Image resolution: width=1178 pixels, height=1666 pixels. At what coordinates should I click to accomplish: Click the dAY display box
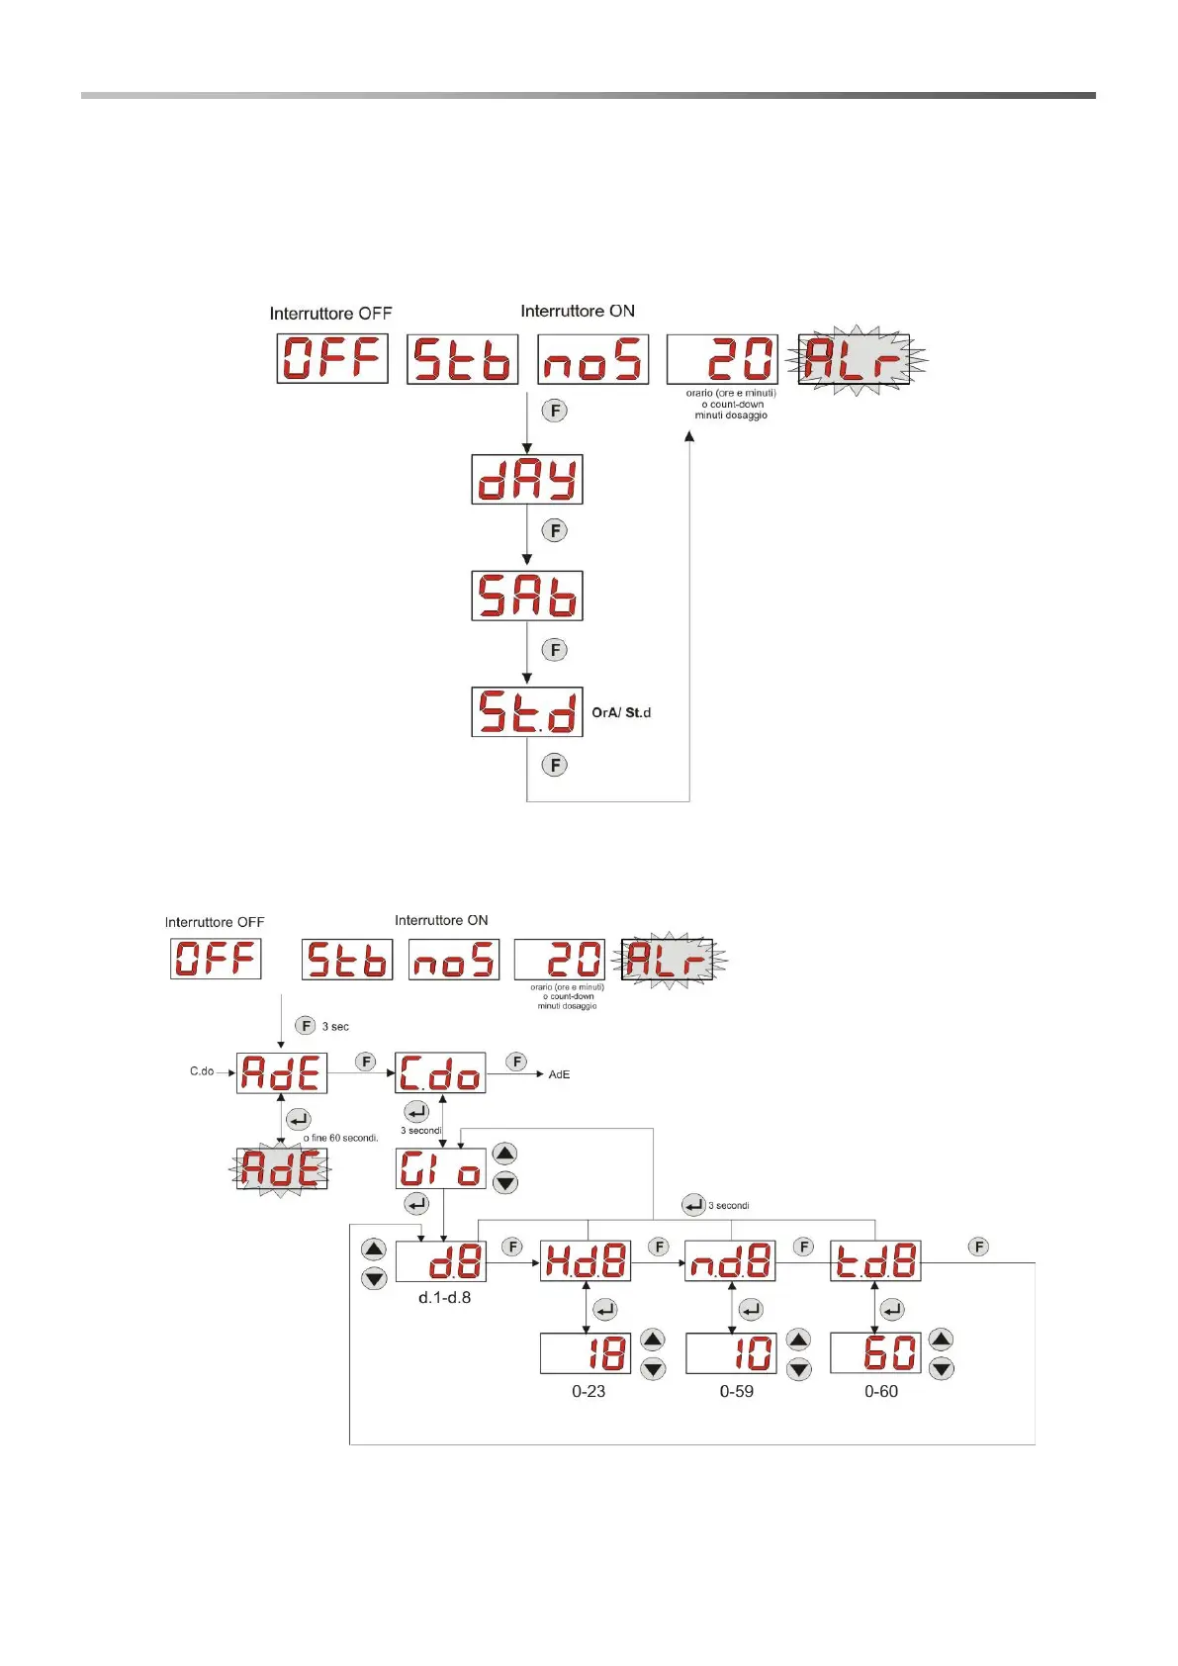[x=527, y=480]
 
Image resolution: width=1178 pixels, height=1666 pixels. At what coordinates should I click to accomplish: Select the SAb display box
[x=527, y=596]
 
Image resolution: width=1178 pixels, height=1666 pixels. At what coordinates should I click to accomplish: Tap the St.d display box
[x=527, y=711]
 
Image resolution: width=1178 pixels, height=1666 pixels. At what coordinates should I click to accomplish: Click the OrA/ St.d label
[x=621, y=712]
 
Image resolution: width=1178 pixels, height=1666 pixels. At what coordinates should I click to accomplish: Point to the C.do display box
[x=440, y=1073]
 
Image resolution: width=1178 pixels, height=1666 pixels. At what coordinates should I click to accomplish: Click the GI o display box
[x=440, y=1168]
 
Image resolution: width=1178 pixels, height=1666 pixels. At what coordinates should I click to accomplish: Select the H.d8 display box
[x=586, y=1261]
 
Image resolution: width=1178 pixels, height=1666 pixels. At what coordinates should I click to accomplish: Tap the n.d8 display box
[x=730, y=1261]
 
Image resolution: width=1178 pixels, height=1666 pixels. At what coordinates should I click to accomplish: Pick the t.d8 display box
[x=875, y=1261]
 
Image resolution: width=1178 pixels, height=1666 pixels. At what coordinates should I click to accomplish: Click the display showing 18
[x=586, y=1353]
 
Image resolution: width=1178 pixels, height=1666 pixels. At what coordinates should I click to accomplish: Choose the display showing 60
[x=875, y=1353]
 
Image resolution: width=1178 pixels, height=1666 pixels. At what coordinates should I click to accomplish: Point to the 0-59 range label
[x=737, y=1391]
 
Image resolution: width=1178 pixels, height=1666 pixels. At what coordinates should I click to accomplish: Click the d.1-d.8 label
[x=444, y=1298]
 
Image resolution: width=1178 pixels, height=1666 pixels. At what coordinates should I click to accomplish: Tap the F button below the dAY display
[x=555, y=530]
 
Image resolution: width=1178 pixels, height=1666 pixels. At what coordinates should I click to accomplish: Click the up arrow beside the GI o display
[x=505, y=1154]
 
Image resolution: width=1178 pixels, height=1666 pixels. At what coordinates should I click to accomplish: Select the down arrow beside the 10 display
[x=798, y=1369]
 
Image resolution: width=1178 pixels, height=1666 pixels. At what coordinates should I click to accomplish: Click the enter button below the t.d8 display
[x=892, y=1310]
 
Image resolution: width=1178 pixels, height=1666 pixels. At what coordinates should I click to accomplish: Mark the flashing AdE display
[x=282, y=1169]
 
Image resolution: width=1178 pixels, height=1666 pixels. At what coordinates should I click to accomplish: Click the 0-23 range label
[x=589, y=1391]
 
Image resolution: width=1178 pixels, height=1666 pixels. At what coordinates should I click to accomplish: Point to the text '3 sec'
[x=335, y=1027]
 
